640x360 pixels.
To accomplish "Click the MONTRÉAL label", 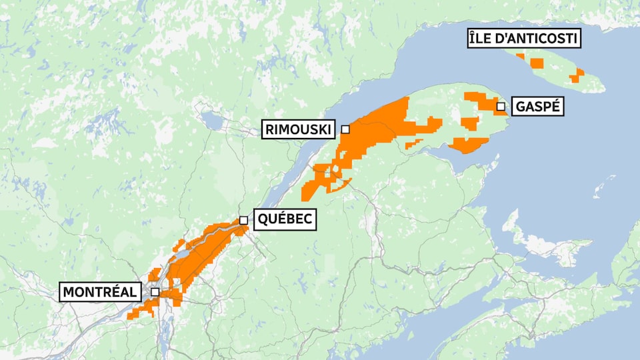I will coord(100,292).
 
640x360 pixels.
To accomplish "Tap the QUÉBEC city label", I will coord(285,220).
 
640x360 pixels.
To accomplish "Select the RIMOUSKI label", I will coord(298,129).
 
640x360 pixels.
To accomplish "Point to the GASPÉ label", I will coord(537,106).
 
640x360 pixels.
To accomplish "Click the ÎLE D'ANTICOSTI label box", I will coord(523,39).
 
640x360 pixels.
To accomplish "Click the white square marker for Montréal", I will coord(155,292).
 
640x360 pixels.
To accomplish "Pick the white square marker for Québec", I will coord(244,220).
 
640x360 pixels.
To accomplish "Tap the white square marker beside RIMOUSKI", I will coord(345,129).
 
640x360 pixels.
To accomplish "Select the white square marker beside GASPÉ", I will coord(500,106).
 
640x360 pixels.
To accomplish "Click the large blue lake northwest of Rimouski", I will coord(211,121).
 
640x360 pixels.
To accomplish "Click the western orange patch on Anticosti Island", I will coord(537,63).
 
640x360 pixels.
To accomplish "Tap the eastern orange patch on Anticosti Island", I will coord(577,75).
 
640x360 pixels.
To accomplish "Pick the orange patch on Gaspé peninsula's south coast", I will coord(470,145).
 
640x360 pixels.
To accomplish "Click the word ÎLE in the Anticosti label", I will coord(481,39).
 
